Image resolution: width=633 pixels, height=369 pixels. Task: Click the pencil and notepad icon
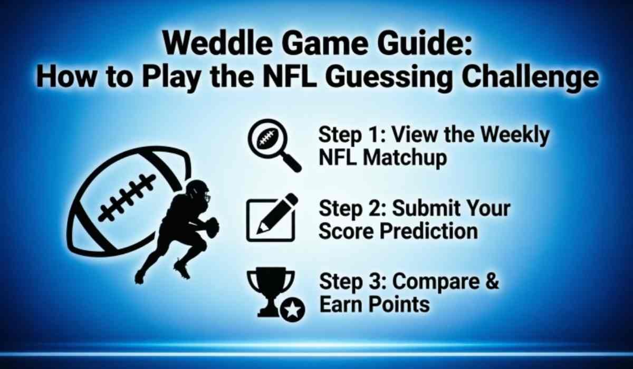271,217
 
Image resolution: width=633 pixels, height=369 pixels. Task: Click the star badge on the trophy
293,310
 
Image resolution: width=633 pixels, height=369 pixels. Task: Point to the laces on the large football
127,198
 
